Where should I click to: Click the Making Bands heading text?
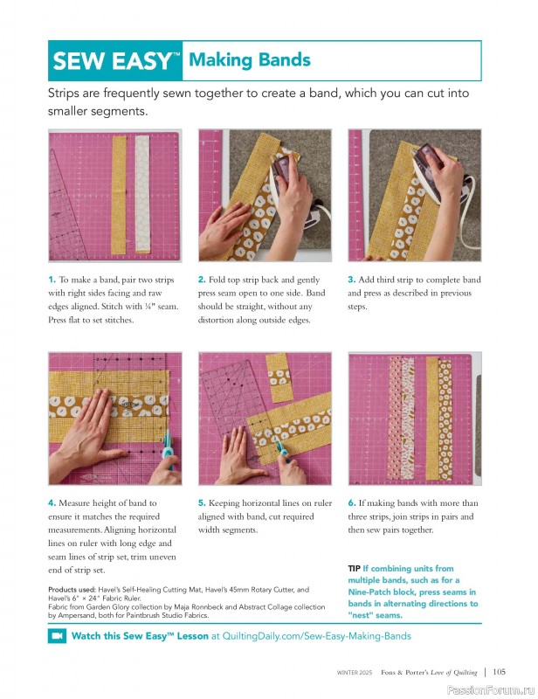tap(250, 60)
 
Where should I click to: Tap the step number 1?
tap(52, 280)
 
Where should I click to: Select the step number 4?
tap(52, 503)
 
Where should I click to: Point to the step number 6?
tap(351, 503)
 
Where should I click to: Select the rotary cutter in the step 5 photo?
tap(282, 451)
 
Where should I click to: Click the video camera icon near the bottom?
tap(57, 637)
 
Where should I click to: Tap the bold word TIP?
tap(355, 569)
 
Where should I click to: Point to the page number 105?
tap(499, 672)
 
